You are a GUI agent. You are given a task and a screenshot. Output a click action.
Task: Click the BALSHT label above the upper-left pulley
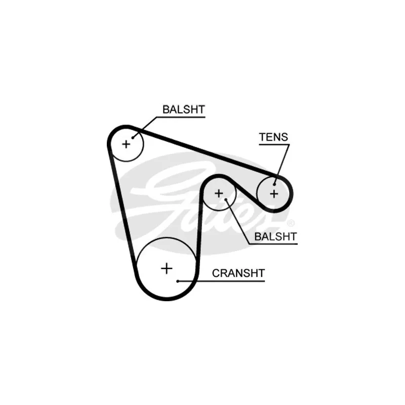click(184, 109)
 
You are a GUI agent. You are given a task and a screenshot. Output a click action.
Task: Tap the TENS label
click(273, 137)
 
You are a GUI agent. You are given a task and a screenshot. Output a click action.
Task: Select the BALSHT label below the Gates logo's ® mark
click(275, 236)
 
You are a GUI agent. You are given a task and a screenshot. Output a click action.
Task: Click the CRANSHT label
click(238, 273)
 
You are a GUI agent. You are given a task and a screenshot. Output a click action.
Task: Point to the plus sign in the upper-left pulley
click(126, 144)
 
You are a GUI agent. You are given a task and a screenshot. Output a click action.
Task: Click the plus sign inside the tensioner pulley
click(274, 194)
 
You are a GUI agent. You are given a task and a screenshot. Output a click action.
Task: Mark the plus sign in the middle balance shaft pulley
click(219, 193)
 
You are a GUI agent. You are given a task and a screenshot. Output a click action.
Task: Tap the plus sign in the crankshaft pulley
click(167, 269)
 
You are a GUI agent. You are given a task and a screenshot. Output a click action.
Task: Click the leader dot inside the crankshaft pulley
click(178, 281)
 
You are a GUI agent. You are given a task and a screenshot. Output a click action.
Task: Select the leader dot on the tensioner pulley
click(274, 184)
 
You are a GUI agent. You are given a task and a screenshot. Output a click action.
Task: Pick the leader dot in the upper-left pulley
click(133, 138)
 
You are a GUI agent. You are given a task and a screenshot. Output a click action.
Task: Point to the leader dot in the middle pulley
click(226, 199)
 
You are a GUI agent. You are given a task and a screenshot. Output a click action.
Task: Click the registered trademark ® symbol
click(291, 223)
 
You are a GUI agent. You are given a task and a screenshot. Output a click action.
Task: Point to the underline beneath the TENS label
click(274, 144)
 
